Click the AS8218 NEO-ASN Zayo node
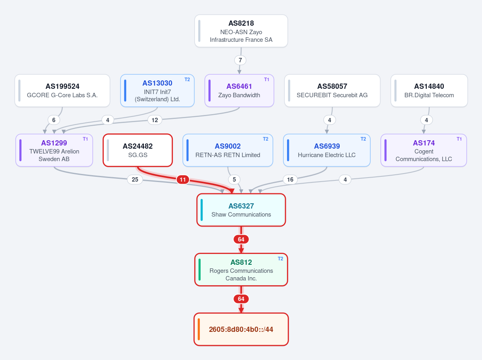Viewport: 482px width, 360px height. tap(241, 31)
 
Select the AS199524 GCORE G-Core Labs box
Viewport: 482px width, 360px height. tap(62, 91)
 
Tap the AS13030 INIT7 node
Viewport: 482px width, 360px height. tap(158, 91)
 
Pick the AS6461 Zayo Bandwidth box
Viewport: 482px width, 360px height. tap(239, 91)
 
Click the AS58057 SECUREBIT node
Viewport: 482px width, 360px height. tap(332, 91)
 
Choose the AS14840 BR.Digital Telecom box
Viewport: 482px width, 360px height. tap(429, 91)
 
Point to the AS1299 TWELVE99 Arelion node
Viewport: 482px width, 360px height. tap(54, 150)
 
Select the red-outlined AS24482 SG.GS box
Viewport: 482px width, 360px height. tap(138, 150)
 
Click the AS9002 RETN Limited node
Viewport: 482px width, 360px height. tap(228, 150)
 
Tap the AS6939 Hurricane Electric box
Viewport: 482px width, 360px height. tap(327, 150)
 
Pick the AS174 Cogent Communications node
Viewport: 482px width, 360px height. tap(424, 150)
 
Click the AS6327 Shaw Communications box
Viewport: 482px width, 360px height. tap(241, 210)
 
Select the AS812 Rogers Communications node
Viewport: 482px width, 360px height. tap(241, 270)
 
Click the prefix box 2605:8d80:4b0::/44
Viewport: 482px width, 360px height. tap(241, 329)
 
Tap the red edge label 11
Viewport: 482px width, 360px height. tap(183, 180)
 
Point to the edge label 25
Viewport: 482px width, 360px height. tap(135, 180)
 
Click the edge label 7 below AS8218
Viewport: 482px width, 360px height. tap(240, 60)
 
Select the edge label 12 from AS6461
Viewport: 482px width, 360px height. tap(155, 120)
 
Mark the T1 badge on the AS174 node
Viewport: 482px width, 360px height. tap(459, 139)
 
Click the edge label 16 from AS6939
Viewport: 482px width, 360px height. tap(290, 180)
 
